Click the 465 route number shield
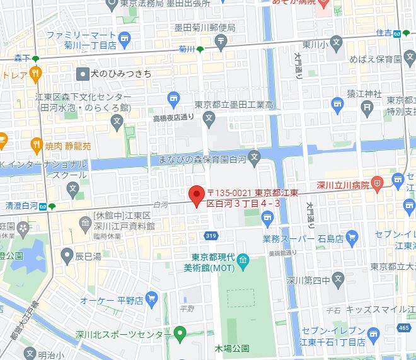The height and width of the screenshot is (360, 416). click(x=404, y=345)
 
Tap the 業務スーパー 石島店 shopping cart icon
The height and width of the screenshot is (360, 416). click(x=352, y=238)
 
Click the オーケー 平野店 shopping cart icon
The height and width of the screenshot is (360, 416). click(x=151, y=298)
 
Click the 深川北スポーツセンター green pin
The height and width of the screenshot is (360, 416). click(x=180, y=332)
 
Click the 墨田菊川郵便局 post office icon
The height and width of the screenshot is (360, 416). click(x=221, y=42)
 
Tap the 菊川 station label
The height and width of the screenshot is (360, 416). click(x=185, y=49)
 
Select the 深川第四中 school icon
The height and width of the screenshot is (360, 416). click(x=338, y=278)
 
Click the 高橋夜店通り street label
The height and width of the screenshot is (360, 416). click(x=173, y=117)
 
